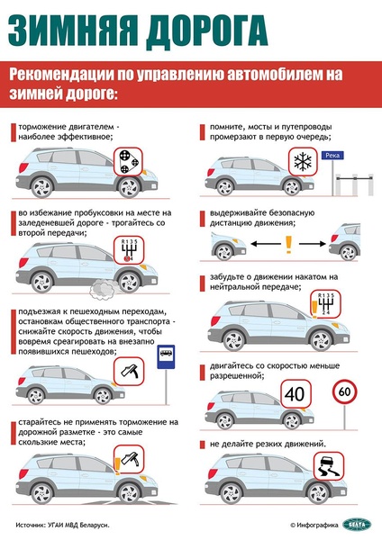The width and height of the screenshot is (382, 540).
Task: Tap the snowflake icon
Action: point(303,161)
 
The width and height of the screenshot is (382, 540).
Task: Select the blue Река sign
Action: point(332,156)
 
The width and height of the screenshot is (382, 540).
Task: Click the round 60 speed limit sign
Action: point(345,391)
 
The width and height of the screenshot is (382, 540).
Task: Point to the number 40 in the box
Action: point(296,394)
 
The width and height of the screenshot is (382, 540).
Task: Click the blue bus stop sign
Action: point(166,356)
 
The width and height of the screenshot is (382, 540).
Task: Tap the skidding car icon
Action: point(329,466)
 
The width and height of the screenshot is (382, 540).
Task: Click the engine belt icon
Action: point(128,161)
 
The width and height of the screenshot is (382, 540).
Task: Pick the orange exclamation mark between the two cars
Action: point(288,245)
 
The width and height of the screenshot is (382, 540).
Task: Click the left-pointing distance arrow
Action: point(266,244)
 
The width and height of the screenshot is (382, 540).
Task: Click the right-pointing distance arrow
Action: point(313,244)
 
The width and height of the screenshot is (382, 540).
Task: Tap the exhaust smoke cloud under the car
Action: point(103,289)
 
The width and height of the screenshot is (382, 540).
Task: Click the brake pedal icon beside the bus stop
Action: point(129,371)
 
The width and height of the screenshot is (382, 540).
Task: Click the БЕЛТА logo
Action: point(357,525)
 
